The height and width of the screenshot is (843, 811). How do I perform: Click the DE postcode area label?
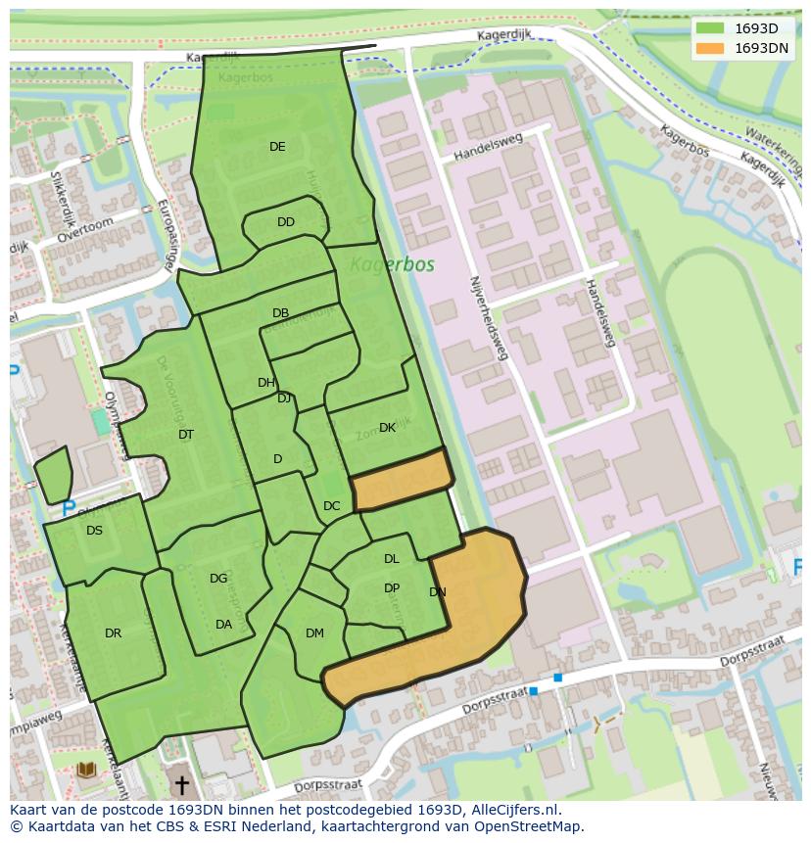(277, 147)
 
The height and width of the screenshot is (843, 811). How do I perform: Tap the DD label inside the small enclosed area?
(285, 222)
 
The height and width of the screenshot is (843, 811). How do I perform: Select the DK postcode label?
(387, 428)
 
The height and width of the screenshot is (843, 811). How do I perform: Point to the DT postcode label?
(186, 435)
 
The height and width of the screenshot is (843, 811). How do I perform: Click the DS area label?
(94, 531)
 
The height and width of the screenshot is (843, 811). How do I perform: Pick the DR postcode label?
(113, 633)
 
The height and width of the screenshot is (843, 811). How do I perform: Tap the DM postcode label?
(314, 633)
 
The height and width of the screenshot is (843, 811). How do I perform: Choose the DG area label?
(218, 579)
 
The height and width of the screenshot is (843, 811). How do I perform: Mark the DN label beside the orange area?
(438, 592)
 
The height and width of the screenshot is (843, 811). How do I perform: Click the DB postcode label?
(280, 313)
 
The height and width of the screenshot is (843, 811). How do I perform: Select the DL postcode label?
(392, 559)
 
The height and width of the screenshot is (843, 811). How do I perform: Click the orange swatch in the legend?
(710, 48)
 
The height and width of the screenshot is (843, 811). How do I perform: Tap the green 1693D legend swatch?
(710, 28)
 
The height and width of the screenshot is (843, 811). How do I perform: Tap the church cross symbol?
(180, 785)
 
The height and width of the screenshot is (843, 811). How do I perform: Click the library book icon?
(86, 771)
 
